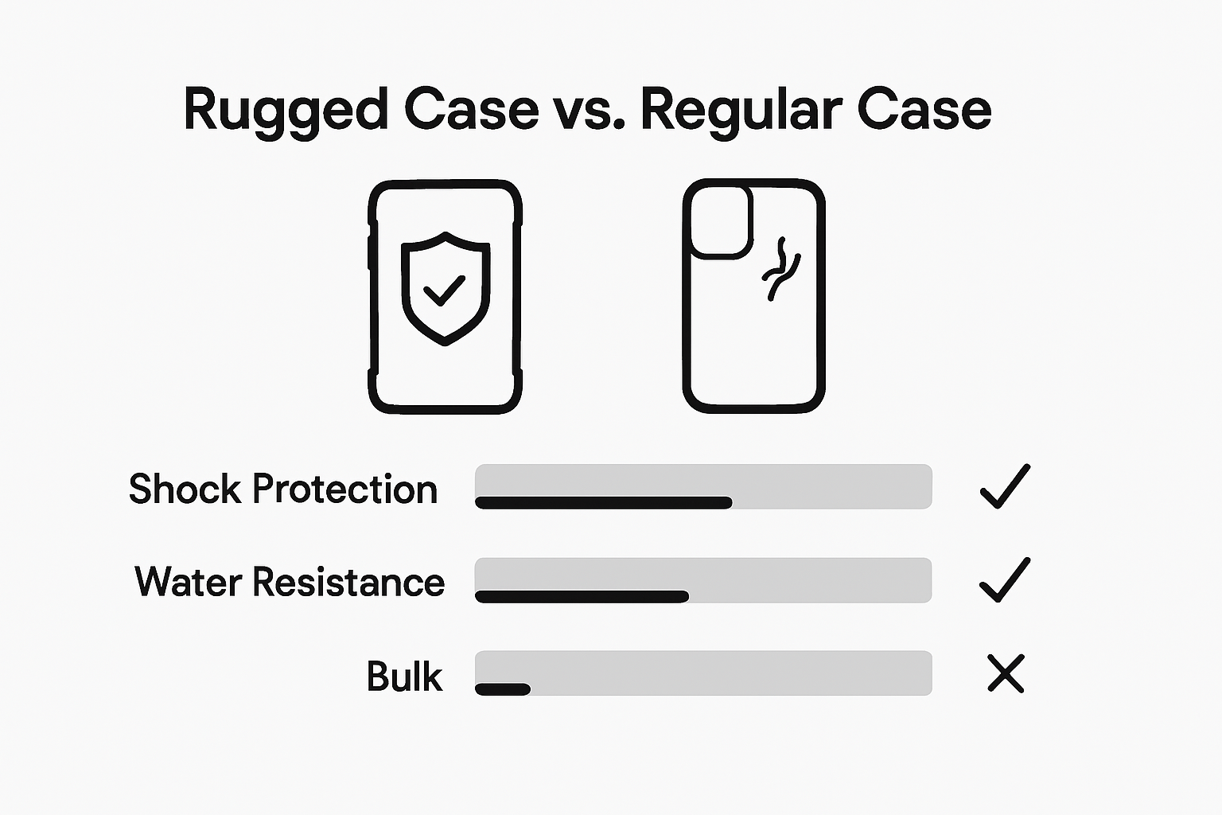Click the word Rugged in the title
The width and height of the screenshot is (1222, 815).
pos(286,111)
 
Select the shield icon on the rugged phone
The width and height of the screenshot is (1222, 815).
pos(445,288)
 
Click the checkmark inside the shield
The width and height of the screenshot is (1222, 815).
pos(444,291)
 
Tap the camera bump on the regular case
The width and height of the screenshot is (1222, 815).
pos(721,221)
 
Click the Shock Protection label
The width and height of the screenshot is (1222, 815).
pos(283,489)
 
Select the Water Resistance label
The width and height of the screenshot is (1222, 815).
pos(290,582)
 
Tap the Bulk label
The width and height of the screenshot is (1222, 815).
pos(404,677)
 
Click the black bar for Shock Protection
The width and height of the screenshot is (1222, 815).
pos(603,502)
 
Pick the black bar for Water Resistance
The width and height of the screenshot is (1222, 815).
pos(582,596)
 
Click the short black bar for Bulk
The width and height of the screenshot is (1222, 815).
pos(503,689)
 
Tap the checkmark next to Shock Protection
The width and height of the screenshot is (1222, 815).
pos(1005,486)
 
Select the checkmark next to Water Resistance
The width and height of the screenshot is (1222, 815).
pos(1005,579)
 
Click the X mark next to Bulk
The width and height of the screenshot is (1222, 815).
pos(1006,673)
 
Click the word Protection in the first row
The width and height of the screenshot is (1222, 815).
pos(344,489)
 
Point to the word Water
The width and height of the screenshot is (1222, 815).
pos(188,582)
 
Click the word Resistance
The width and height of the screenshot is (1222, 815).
pos(348,582)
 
